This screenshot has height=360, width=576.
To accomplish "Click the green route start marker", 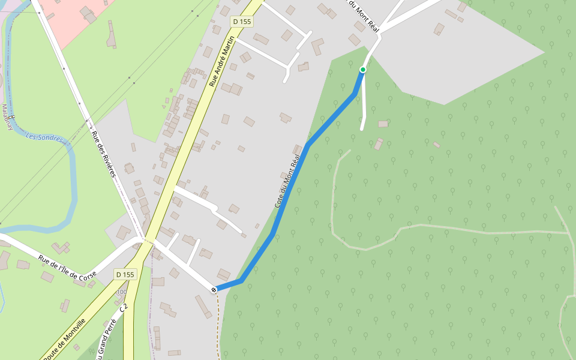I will pos(362,70).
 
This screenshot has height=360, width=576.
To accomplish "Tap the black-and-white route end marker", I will pos(214,290).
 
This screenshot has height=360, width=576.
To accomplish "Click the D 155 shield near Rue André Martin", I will pos(242,22).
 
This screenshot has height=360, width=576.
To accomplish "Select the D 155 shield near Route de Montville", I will pos(126,274).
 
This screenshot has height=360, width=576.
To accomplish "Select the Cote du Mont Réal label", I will pos(287,181).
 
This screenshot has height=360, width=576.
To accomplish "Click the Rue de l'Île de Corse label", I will pos(68,267).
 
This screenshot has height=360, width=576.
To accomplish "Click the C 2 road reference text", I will pos(124,308).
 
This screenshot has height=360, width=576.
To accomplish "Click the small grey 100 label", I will pos(122,292).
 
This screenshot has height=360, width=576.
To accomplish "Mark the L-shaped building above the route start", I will pos(316,46).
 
